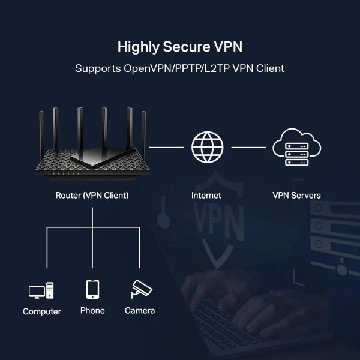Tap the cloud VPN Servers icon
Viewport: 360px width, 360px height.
pyautogui.click(x=296, y=147)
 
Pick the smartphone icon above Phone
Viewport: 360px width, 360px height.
pyautogui.click(x=92, y=289)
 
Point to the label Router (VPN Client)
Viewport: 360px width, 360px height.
pyautogui.click(x=92, y=196)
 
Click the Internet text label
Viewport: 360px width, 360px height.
pyautogui.click(x=206, y=196)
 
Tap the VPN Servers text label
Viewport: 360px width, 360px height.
pyautogui.click(x=296, y=196)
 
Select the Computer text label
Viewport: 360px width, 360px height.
pyautogui.click(x=42, y=311)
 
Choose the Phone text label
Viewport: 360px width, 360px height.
pyautogui.click(x=92, y=311)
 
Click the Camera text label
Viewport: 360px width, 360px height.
pyautogui.click(x=140, y=311)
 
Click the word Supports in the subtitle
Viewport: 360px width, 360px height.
pyautogui.click(x=97, y=68)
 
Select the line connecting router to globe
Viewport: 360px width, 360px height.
pyautogui.click(x=166, y=146)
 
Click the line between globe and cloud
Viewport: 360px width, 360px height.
pyautogui.click(x=248, y=146)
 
